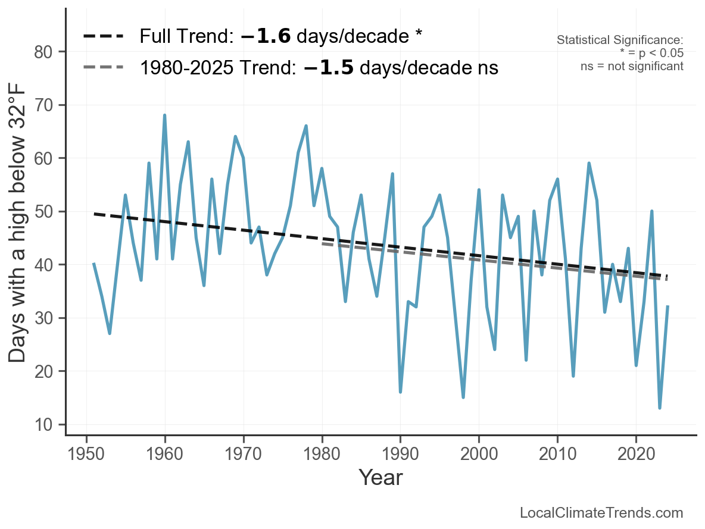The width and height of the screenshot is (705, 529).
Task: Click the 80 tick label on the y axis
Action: coord(43,52)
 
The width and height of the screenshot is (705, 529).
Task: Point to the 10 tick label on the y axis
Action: coord(43,425)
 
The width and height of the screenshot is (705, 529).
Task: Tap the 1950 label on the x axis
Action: coord(86,454)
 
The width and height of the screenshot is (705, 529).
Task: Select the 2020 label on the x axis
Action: coord(636,454)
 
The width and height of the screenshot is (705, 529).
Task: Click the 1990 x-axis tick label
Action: coord(400,454)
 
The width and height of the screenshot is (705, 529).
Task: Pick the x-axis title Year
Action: coord(381,477)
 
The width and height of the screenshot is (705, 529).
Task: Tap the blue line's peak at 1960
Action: coord(164,115)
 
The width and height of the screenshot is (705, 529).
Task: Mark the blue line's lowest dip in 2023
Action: coord(660,408)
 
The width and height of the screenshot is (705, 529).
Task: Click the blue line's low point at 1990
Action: coord(400,392)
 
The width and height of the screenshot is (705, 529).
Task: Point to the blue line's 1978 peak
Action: coord(305,126)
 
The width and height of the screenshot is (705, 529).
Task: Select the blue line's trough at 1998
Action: coord(463,397)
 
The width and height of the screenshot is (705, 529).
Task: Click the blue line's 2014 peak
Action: coord(588,163)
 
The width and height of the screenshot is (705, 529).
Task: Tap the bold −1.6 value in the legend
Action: coord(266,36)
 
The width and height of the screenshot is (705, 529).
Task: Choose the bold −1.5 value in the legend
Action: coord(329,68)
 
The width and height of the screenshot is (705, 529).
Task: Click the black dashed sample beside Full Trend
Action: coord(104,36)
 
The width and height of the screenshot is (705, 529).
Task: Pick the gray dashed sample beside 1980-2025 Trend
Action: coord(104,67)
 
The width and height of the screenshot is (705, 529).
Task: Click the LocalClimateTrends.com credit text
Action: coord(601,513)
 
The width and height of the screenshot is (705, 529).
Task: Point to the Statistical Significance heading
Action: coord(620,40)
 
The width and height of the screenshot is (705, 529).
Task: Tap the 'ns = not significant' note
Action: coord(632,66)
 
